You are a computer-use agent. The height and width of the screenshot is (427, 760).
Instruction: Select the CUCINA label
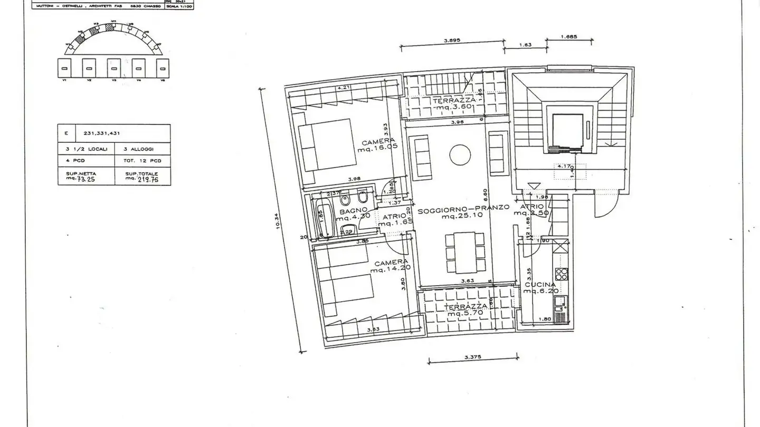[539, 285]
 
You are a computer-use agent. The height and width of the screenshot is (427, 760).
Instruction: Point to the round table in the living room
[460, 154]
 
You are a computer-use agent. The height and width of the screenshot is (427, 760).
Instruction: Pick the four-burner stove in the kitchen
[561, 275]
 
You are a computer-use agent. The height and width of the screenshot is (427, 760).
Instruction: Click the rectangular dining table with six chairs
[464, 253]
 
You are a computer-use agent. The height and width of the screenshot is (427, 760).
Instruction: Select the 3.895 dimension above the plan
[453, 40]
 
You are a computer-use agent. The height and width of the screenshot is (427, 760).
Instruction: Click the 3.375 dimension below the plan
[472, 357]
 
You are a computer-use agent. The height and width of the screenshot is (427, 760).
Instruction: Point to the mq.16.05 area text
[377, 149]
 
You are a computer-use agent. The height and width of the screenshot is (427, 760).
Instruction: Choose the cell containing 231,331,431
[123, 133]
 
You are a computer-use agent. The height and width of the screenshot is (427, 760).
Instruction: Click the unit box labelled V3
[113, 69]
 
